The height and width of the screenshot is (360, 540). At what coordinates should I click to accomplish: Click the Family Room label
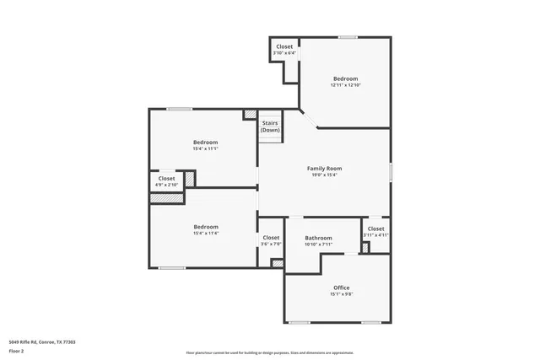pos(323,169)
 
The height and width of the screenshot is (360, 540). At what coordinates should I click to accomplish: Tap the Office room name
pos(341,287)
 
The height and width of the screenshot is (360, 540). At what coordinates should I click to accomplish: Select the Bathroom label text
pos(318,238)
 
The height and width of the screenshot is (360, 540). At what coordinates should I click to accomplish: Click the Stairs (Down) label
pos(270,126)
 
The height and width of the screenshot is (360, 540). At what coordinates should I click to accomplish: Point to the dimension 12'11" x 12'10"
pos(345,85)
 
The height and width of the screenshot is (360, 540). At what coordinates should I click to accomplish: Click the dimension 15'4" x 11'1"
pos(205,148)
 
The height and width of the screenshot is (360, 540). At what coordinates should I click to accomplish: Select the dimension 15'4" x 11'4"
pos(206,234)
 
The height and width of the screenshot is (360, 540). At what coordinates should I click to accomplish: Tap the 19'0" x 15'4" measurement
pos(323,175)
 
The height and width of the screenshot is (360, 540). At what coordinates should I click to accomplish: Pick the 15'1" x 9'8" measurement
pos(341,294)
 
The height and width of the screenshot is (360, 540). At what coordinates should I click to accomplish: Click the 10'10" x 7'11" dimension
pos(318,244)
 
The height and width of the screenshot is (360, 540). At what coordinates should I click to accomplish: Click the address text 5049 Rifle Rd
pos(42,341)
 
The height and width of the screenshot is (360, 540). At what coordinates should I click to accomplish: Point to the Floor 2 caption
pos(16,352)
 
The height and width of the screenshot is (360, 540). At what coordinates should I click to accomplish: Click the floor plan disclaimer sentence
pos(269,352)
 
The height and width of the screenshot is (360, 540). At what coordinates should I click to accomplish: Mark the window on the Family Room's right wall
pos(391,170)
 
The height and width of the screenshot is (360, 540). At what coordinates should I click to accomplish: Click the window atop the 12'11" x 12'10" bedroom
pos(347,37)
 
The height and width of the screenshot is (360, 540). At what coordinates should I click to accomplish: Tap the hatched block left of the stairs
pos(250,114)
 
